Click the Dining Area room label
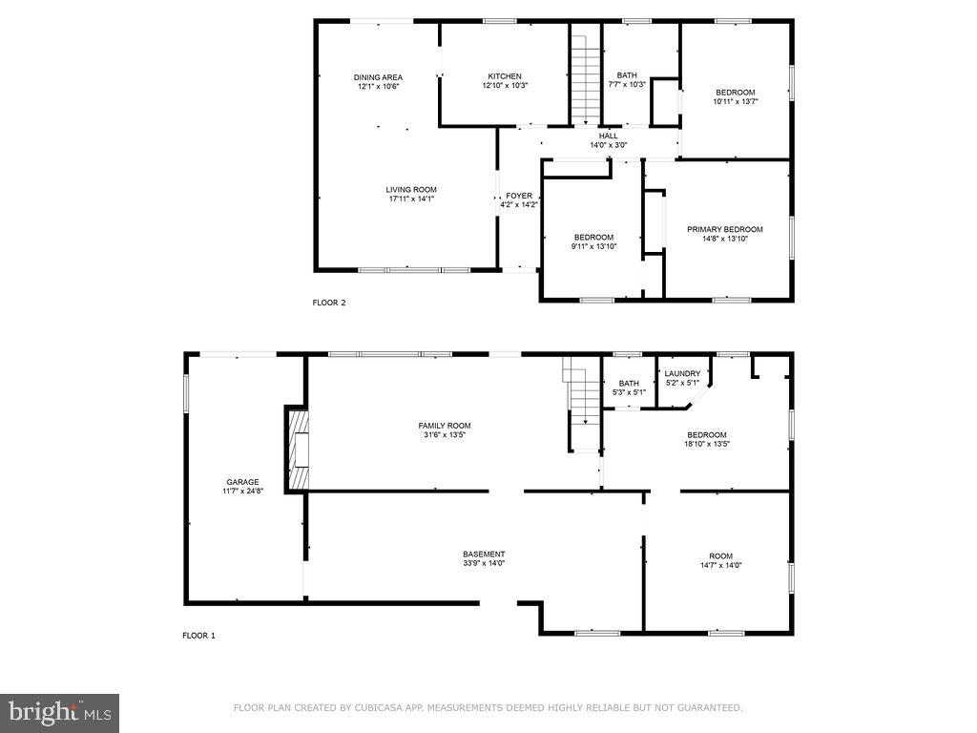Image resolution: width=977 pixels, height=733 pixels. [x=378, y=77]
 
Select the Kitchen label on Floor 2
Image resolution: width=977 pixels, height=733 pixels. [x=505, y=76]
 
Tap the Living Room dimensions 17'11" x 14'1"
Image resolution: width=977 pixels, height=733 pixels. [x=411, y=199]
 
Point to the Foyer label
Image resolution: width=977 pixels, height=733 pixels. [x=519, y=196]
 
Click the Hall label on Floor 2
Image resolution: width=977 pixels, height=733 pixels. [x=608, y=136]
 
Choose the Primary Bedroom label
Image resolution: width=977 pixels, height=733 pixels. [x=725, y=229]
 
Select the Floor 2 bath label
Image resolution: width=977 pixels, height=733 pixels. [x=627, y=75]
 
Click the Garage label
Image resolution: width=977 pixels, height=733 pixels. [x=242, y=482]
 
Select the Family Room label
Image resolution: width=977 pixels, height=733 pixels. [x=444, y=426]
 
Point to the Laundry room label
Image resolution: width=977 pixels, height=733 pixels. [x=682, y=373]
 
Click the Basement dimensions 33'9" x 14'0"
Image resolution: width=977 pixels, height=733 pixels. [x=484, y=563]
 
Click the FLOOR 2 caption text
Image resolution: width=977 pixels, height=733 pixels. [x=329, y=303]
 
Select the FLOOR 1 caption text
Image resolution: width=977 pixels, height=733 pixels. [x=198, y=635]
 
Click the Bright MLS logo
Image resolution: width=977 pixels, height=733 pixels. [x=59, y=713]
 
